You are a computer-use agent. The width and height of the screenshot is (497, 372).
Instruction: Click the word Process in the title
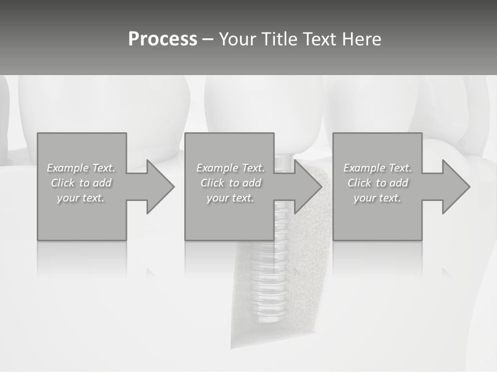pos(163,39)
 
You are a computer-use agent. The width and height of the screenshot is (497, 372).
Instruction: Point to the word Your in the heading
pos(238,39)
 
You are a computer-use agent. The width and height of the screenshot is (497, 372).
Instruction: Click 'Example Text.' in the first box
pos(81,168)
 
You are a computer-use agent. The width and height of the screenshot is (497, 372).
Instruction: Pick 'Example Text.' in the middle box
pos(230,168)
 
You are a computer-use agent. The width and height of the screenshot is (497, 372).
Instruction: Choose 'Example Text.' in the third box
pos(377,168)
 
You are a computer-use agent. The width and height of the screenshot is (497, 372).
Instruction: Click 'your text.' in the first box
pos(81,198)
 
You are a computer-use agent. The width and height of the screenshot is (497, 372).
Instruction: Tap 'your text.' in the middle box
pos(230,198)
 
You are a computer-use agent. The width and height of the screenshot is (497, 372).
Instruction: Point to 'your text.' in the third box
pos(377,198)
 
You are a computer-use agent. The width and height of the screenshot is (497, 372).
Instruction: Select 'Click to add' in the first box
pos(81,183)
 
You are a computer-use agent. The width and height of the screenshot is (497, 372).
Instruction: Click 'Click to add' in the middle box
pos(230,183)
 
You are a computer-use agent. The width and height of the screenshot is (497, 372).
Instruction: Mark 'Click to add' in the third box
pos(377,183)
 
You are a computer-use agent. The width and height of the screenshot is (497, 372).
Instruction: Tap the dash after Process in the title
pos(208,39)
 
